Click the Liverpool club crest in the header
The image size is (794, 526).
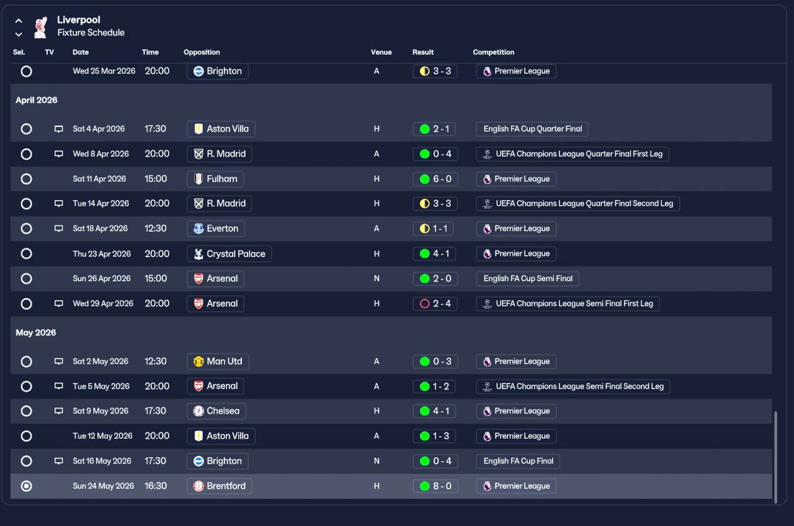pyautogui.click(x=41, y=27)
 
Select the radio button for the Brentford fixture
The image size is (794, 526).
pyautogui.click(x=26, y=486)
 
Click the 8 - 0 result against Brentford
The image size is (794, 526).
pyautogui.click(x=435, y=486)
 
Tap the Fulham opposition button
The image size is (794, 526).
pyautogui.click(x=215, y=179)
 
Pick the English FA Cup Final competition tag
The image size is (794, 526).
pyautogui.click(x=518, y=461)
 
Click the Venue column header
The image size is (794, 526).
pyautogui.click(x=381, y=52)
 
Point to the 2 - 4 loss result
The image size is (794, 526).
pyautogui.click(x=435, y=304)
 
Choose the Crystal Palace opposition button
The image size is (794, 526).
pyautogui.click(x=230, y=254)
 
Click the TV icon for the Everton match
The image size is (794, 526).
pyautogui.click(x=58, y=229)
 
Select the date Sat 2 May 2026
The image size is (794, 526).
pyautogui.click(x=100, y=361)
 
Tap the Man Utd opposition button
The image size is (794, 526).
pyautogui.click(x=218, y=361)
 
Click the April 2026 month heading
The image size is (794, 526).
pyautogui.click(x=37, y=100)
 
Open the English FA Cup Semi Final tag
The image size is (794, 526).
pyautogui.click(x=527, y=279)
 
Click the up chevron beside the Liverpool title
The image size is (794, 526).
pyautogui.click(x=19, y=21)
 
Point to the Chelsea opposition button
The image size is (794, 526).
pyautogui.click(x=216, y=411)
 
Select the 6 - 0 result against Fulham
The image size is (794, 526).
pyautogui.click(x=435, y=179)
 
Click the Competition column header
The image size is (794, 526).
pyautogui.click(x=493, y=52)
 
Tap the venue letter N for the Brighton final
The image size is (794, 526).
pyautogui.click(x=377, y=461)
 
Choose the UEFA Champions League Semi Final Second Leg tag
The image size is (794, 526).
pyautogui.click(x=573, y=386)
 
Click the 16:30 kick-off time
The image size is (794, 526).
pyautogui.click(x=156, y=486)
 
